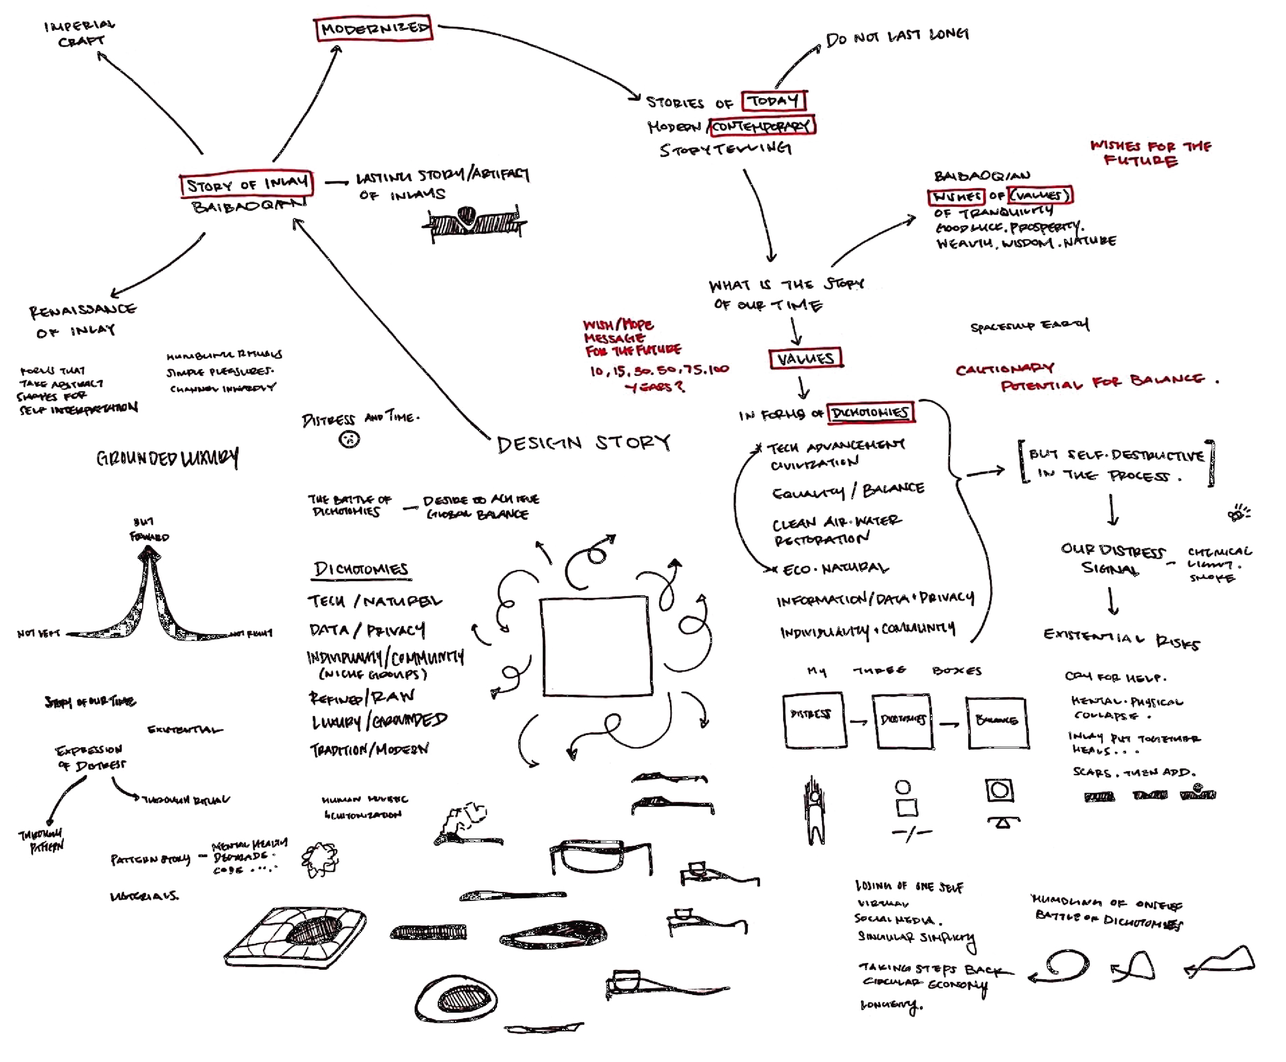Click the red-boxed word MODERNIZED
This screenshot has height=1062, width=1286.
[x=374, y=28]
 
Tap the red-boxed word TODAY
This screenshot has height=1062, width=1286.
[x=774, y=100]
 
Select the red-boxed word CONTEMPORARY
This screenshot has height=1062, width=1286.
[x=761, y=126]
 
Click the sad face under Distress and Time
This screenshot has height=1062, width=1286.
[x=349, y=439]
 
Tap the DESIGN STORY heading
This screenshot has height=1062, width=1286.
[x=583, y=443]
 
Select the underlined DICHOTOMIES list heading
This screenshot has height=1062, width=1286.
[x=360, y=569]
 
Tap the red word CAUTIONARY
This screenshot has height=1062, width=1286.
[x=1004, y=369]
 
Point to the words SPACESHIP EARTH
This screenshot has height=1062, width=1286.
[x=1029, y=326]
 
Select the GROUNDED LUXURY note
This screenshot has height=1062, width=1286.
[x=167, y=458]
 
